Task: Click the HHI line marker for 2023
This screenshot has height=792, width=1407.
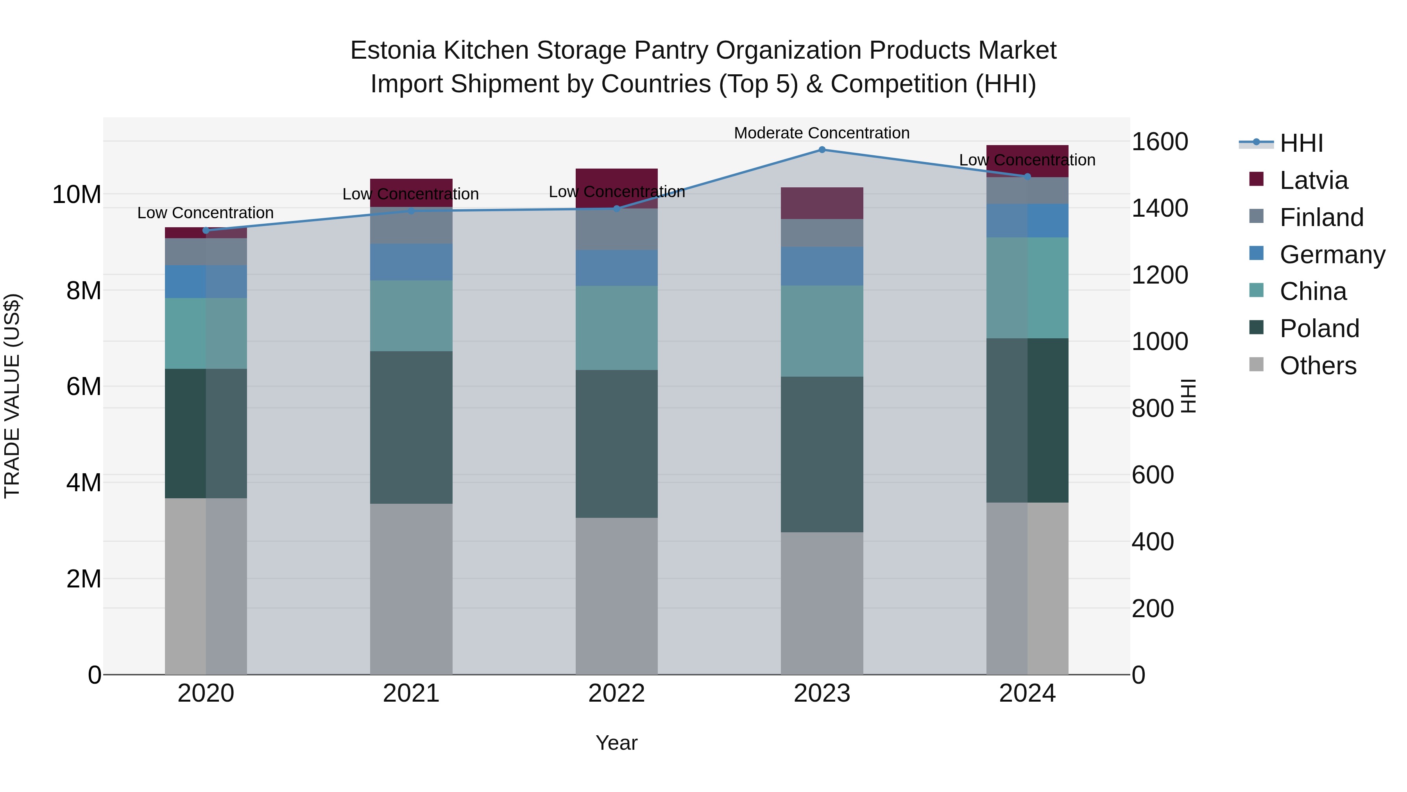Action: [822, 150]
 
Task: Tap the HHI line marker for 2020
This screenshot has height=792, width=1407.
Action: [206, 230]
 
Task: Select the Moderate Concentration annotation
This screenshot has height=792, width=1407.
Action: [822, 133]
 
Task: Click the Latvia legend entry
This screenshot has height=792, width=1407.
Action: [1313, 180]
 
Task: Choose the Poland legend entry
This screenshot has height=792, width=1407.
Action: [1319, 329]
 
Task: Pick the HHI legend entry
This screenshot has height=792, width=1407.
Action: [1301, 143]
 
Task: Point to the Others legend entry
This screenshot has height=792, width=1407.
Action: [1317, 366]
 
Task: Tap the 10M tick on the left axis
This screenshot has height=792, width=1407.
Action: [77, 195]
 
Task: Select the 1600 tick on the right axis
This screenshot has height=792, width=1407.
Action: [1159, 142]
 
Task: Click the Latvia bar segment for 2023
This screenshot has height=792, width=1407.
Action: [822, 203]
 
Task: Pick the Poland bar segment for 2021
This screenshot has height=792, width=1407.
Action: [411, 427]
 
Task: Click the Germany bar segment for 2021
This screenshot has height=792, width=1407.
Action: [411, 262]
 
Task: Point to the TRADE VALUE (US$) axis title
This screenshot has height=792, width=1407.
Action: [12, 396]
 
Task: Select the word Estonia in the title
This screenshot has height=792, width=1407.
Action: [393, 50]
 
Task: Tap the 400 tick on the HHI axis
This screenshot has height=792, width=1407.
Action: [1153, 542]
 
